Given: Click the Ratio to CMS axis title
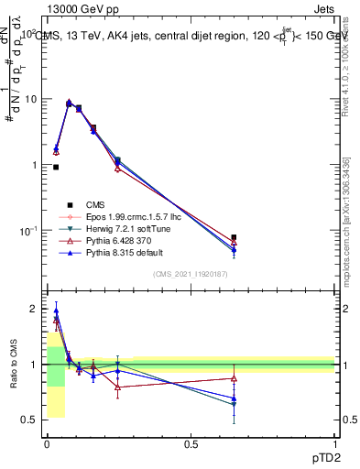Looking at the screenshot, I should click(13, 364).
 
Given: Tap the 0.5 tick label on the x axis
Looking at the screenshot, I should click(191, 444).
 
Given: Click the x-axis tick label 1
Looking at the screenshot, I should click(335, 444).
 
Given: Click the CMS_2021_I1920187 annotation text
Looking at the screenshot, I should click(190, 274).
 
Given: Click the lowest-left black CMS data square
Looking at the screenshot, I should click(56, 167).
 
